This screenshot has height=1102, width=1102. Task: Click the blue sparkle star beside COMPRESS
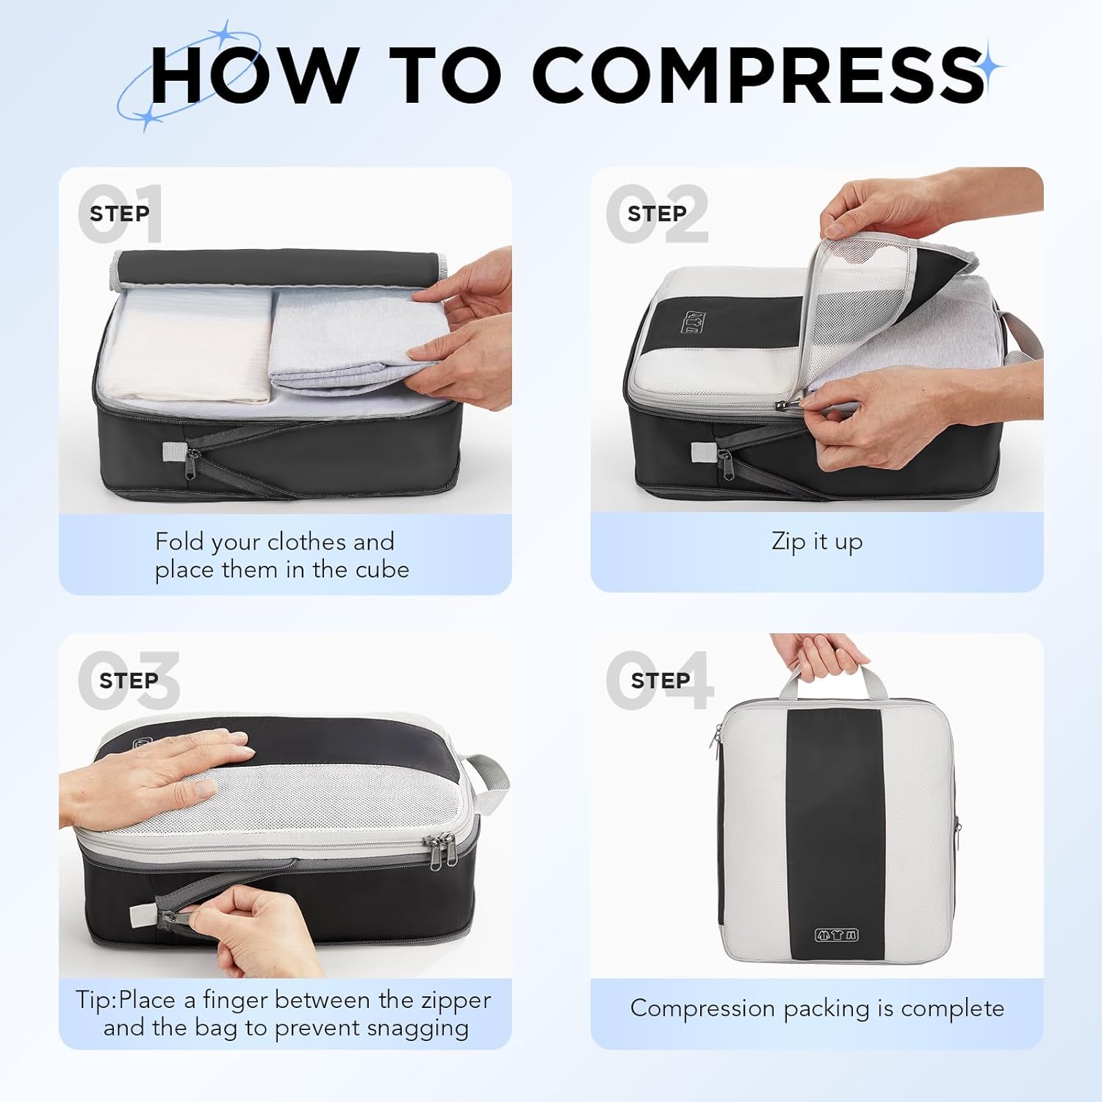[x=991, y=67]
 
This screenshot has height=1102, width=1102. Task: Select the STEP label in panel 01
[x=119, y=214]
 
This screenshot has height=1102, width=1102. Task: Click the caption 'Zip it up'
[x=817, y=542]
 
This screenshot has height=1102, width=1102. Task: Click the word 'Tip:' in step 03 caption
[x=96, y=1000]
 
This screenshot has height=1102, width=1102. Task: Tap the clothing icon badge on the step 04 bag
[x=837, y=935]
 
